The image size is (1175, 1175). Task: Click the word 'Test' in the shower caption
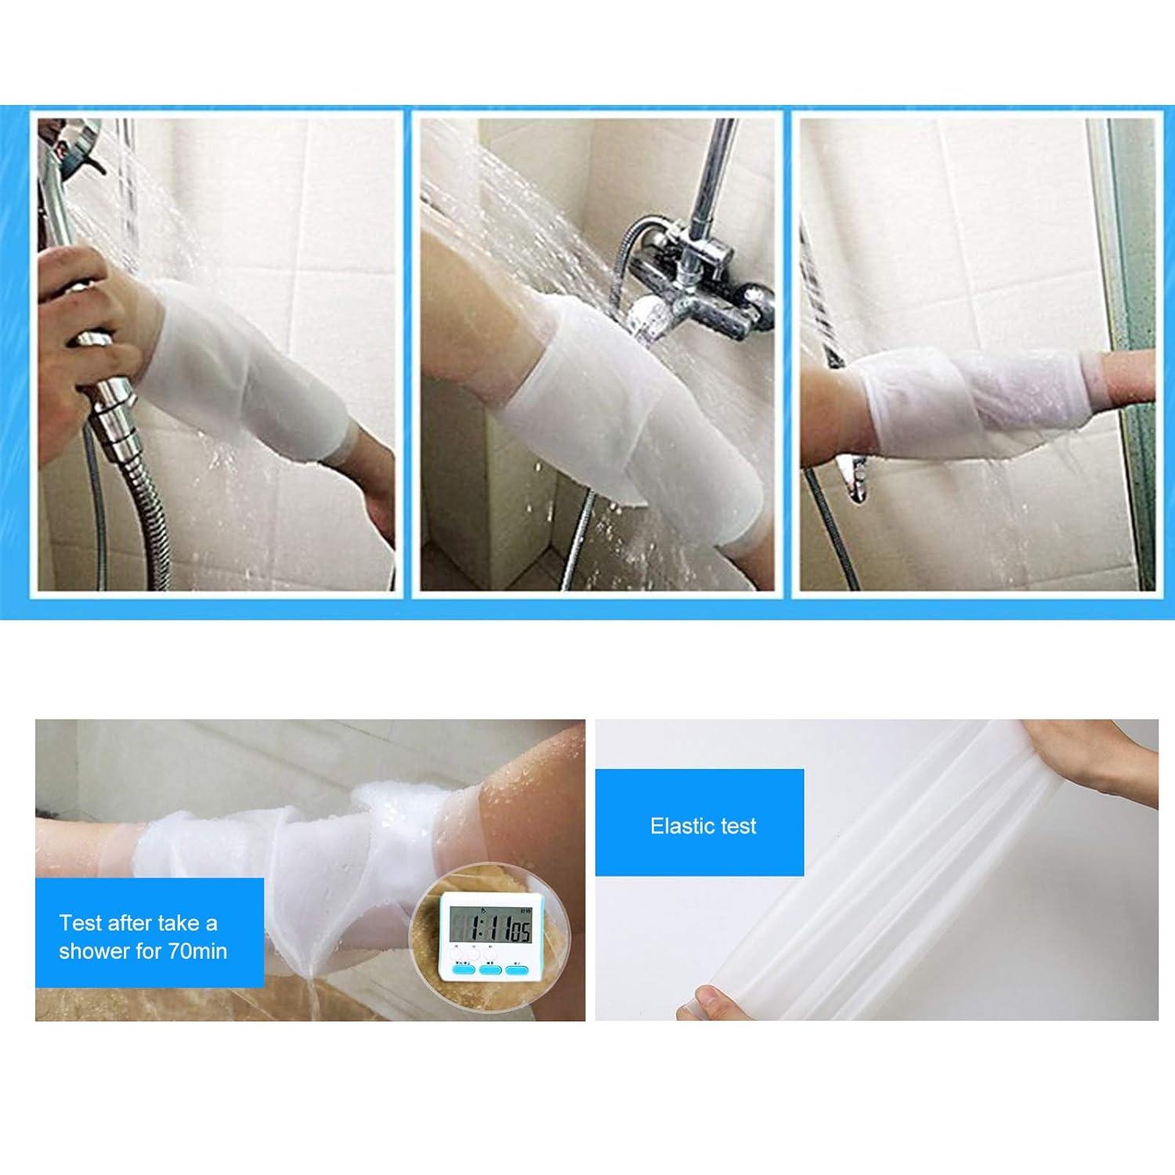pos(81,923)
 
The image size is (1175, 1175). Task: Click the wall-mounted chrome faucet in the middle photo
pos(689,282)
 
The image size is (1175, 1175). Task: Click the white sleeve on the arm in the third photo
pos(971,407)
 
